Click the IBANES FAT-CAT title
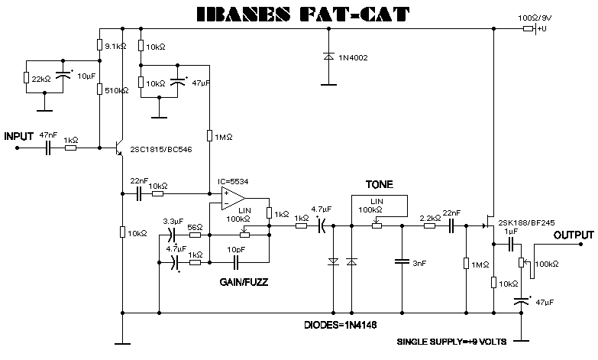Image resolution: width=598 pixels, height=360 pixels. (303, 14)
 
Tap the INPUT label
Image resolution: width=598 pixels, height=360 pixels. (19, 136)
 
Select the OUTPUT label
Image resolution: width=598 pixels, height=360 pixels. (574, 235)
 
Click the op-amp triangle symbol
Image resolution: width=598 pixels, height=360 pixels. (233, 199)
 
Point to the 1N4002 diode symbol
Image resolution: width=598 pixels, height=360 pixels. (328, 57)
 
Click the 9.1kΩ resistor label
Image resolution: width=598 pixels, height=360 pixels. (115, 47)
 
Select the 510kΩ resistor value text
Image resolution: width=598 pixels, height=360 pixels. (117, 90)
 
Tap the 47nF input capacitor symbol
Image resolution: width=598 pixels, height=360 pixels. (48, 148)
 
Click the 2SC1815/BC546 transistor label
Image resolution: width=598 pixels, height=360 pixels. (161, 149)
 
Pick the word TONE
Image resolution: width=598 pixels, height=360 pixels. (379, 184)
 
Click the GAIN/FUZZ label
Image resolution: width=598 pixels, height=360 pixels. (244, 282)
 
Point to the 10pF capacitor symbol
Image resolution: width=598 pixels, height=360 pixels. (236, 262)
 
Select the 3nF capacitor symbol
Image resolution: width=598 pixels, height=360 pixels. (402, 262)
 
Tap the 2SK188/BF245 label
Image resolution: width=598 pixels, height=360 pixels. (526, 222)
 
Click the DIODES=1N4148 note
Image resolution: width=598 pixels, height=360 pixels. (340, 325)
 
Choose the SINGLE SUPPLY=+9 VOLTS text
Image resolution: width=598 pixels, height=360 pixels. (451, 342)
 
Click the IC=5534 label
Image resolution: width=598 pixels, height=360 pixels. (233, 181)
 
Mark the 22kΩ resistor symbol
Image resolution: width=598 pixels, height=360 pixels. (26, 77)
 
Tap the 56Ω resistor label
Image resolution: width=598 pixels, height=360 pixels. (195, 227)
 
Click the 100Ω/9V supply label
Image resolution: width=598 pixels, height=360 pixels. (535, 18)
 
